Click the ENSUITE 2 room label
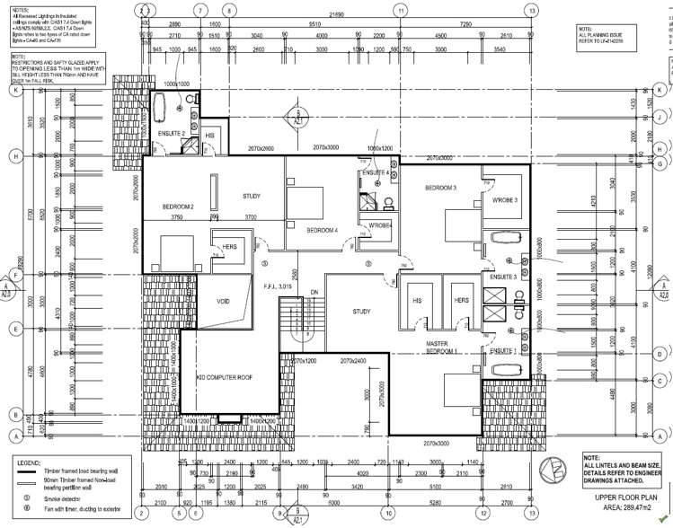(171, 134)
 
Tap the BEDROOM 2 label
(179, 207)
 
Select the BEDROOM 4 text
(322, 231)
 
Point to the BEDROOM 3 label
(441, 187)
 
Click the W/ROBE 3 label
(504, 199)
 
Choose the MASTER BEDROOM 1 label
(442, 348)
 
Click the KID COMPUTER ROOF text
(223, 378)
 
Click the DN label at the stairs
(314, 293)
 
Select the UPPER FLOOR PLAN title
(626, 497)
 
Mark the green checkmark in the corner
(662, 519)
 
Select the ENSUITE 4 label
(375, 172)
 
